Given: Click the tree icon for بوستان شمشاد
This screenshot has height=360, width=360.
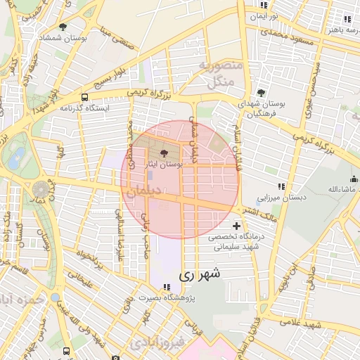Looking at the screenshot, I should [x=63, y=27].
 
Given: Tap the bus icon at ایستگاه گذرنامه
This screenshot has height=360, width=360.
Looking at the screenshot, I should [x=85, y=98].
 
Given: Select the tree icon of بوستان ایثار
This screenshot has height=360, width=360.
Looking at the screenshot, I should [x=165, y=153].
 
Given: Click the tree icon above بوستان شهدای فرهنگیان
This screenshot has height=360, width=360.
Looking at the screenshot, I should [x=261, y=93].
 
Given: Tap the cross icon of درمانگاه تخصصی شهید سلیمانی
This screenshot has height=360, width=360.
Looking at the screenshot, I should [x=236, y=226].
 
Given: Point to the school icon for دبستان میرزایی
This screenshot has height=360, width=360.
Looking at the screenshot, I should [x=281, y=186].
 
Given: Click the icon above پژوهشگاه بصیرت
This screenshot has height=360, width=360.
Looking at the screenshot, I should [x=167, y=287].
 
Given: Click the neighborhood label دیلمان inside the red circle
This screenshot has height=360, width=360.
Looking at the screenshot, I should [x=148, y=191].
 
